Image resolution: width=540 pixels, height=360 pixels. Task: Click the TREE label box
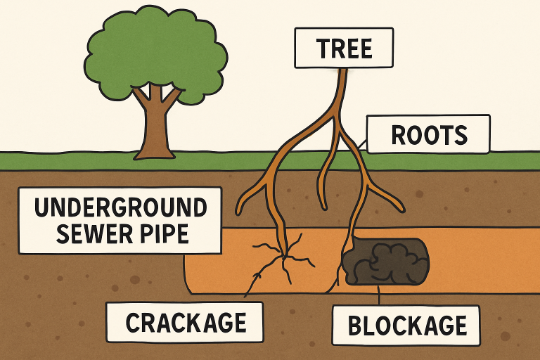(344, 49)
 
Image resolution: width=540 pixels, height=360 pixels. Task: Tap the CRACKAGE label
(186, 322)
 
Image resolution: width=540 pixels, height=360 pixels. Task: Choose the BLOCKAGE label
(407, 326)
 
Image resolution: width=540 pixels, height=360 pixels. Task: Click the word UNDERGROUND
(120, 208)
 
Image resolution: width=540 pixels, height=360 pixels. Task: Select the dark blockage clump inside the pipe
(385, 262)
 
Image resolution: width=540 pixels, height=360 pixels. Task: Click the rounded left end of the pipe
(188, 274)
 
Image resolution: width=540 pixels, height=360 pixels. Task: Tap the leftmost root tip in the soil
(239, 210)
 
